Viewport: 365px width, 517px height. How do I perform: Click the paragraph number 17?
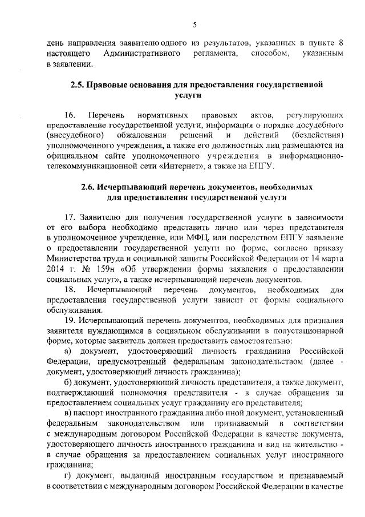(71, 218)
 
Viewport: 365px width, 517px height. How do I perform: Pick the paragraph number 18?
(70, 290)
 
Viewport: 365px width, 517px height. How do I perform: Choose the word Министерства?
(72, 259)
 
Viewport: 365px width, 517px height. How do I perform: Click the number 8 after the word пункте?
(341, 43)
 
